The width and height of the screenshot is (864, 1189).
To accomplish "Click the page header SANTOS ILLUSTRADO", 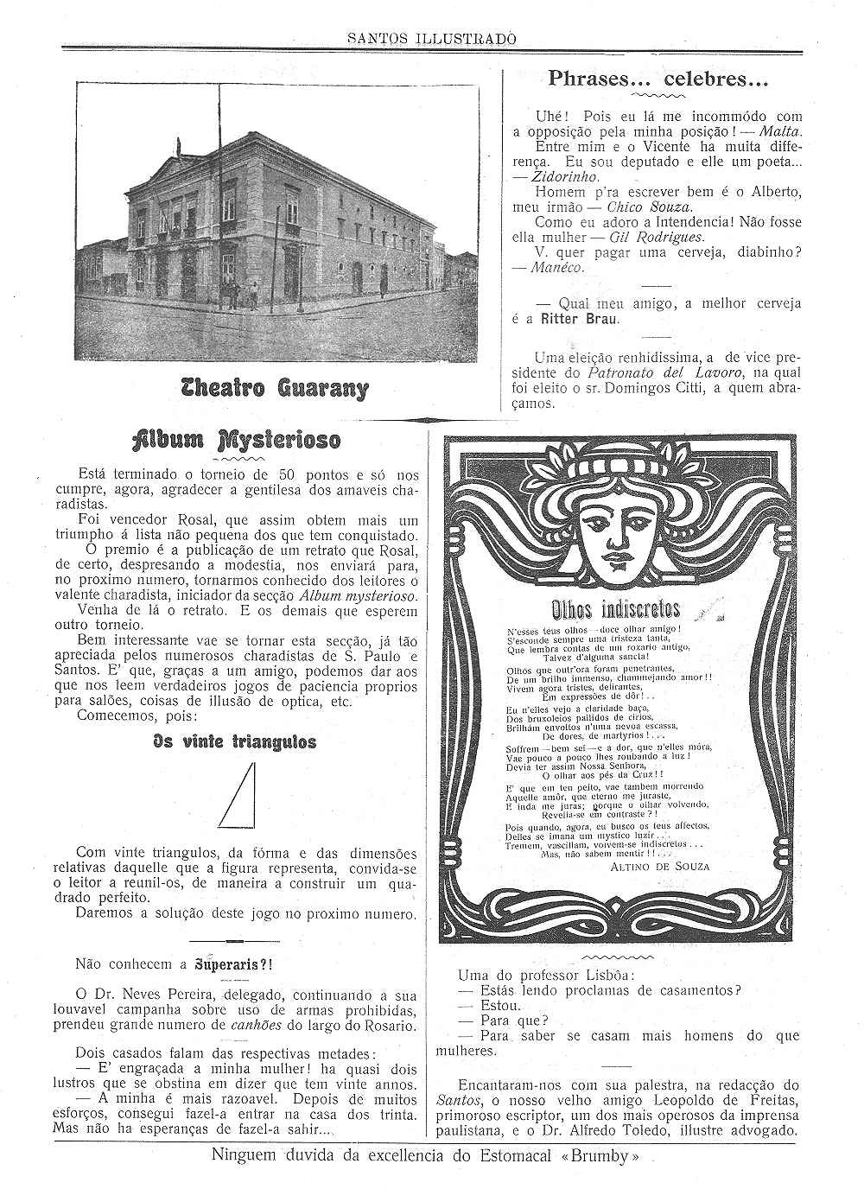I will point(432,39).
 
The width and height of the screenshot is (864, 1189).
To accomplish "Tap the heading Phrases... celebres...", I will point(658,79).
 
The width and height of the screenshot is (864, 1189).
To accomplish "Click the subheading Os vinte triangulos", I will point(235,741).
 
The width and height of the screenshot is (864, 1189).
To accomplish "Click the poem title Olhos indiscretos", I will point(615,607).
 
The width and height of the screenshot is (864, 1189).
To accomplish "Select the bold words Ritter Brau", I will point(578,318).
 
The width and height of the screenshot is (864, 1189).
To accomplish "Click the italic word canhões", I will point(255,1026).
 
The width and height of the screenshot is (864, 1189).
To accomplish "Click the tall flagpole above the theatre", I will point(219,130).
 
